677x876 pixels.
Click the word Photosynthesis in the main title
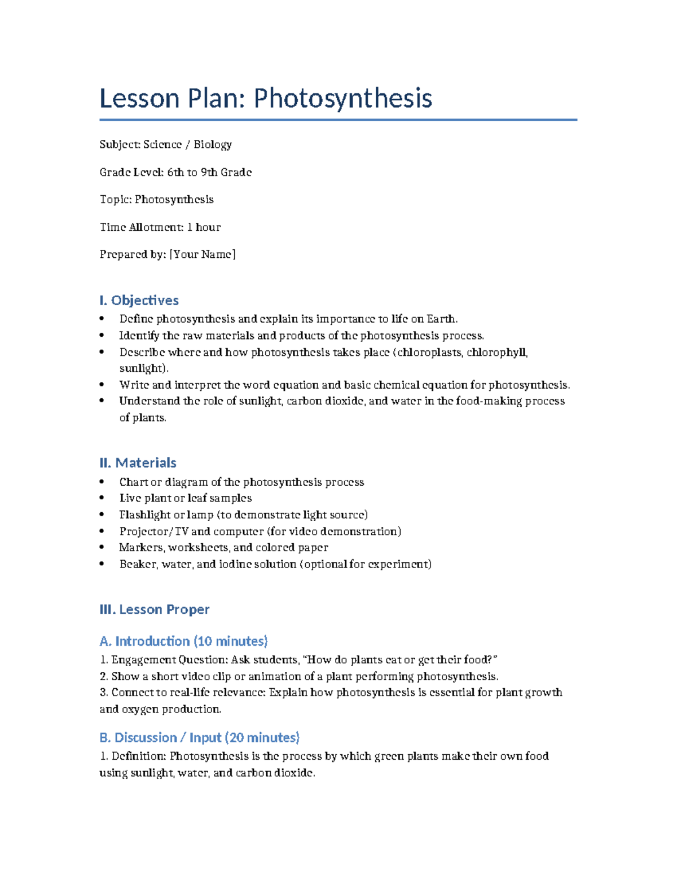[342, 99]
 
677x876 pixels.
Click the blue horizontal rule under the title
[338, 120]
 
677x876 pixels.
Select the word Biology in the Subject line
[213, 144]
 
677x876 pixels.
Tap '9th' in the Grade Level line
[209, 172]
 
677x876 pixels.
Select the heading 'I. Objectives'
[139, 300]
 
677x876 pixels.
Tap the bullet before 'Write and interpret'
[102, 385]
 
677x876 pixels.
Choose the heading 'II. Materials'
[138, 463]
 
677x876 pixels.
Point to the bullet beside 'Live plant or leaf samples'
[102, 498]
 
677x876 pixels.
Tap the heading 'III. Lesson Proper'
[154, 609]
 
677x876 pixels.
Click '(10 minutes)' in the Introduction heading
[230, 641]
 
